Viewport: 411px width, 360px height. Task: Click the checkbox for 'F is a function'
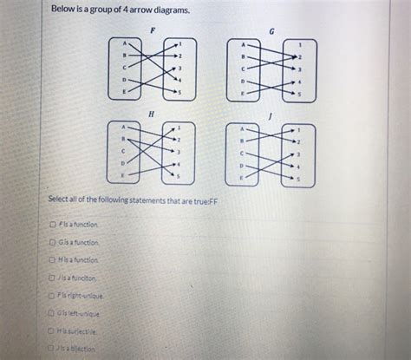[x=53, y=224]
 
